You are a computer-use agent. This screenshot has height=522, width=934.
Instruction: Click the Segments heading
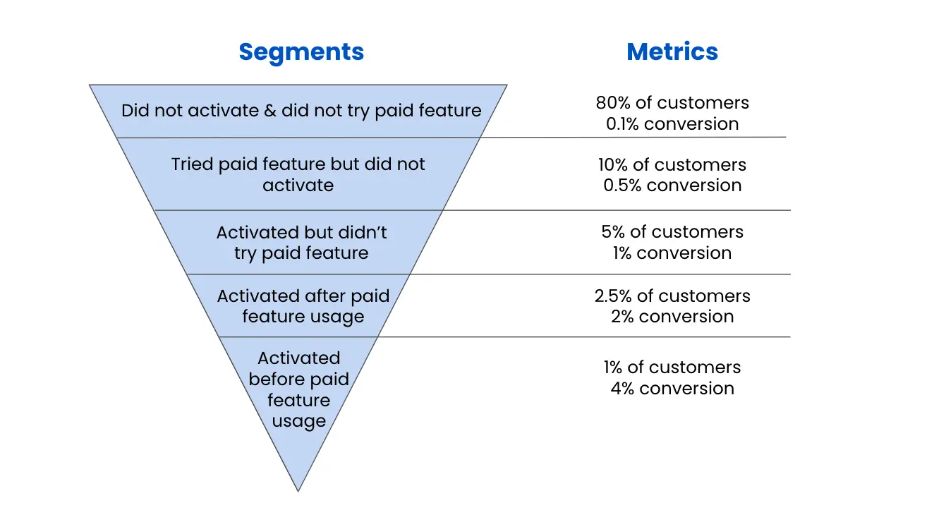301,52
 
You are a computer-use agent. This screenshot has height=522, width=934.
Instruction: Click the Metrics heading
672,51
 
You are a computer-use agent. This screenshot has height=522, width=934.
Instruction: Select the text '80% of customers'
672,102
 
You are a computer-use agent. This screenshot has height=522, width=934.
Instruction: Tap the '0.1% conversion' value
672,124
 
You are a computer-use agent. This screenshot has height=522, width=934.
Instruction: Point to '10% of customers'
672,164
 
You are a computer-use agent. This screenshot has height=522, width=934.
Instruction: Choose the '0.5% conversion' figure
672,185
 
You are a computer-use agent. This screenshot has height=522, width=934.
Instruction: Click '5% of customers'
672,232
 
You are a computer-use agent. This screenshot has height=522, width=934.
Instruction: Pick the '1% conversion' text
672,253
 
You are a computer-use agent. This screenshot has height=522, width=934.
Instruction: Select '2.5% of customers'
672,296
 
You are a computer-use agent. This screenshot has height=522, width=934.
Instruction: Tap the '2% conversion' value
672,317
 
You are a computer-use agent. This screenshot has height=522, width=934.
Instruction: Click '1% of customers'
672,368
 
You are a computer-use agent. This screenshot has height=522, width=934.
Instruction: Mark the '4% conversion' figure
672,389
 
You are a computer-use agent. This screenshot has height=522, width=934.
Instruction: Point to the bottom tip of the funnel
298,492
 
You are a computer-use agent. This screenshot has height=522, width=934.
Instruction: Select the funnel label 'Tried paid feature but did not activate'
298,175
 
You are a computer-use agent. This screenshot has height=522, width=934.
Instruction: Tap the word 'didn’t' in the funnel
363,232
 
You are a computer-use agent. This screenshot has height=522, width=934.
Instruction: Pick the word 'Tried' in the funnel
192,164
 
